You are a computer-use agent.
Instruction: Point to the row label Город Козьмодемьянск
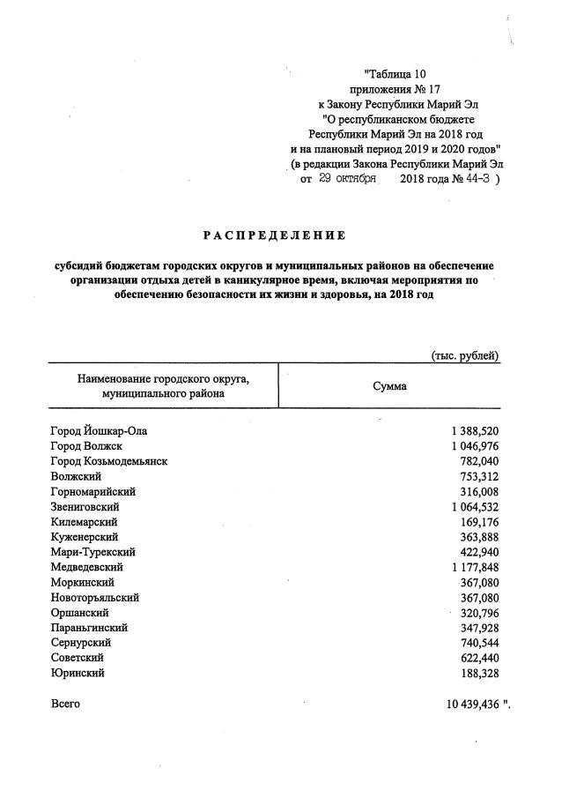point(109,461)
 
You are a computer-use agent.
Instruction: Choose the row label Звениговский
point(85,507)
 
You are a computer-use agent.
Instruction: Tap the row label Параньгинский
point(90,628)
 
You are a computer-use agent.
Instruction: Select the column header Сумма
point(389,386)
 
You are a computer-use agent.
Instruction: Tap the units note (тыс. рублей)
point(465,355)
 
